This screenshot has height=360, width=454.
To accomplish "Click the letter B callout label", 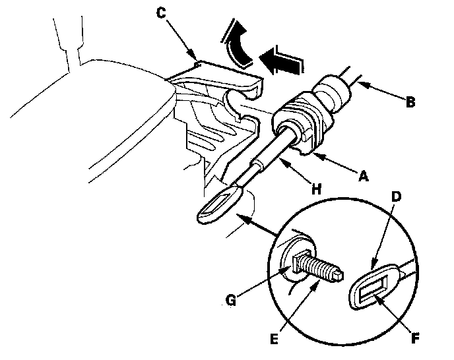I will (x=410, y=103).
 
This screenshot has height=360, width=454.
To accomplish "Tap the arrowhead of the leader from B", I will (x=360, y=83).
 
